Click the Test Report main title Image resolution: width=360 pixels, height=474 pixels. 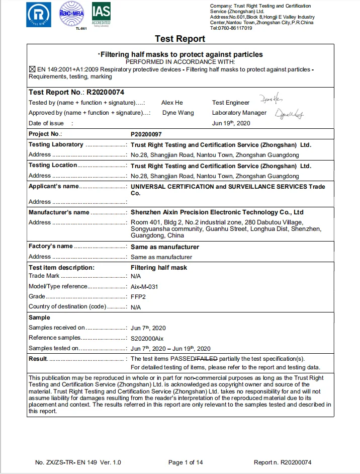click(x=179, y=39)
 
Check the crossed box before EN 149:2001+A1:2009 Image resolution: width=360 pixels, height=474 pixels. click(x=32, y=69)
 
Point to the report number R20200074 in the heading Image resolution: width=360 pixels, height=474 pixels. click(x=105, y=92)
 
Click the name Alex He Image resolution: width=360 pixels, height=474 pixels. click(x=172, y=103)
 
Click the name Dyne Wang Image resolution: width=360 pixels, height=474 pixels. click(x=177, y=113)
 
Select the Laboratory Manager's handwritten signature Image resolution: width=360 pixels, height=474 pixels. click(x=290, y=114)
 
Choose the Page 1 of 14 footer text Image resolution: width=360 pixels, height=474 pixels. click(x=186, y=462)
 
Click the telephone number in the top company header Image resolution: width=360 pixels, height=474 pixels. click(x=231, y=28)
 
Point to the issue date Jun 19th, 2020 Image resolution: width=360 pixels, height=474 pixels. click(x=231, y=123)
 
